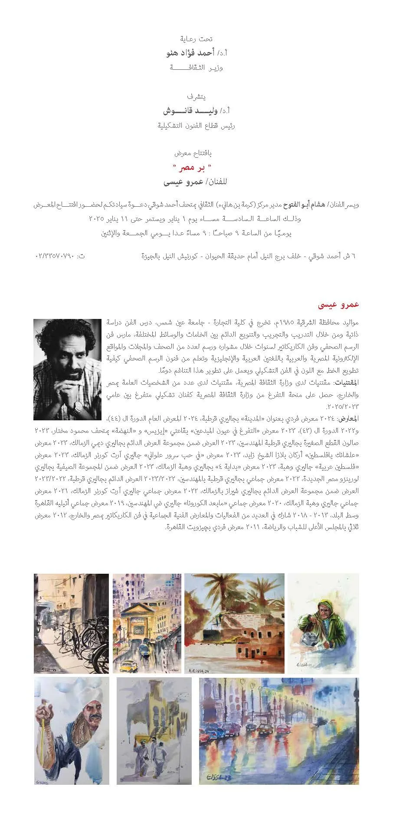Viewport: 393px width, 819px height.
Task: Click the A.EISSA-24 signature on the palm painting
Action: pos(200,667)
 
